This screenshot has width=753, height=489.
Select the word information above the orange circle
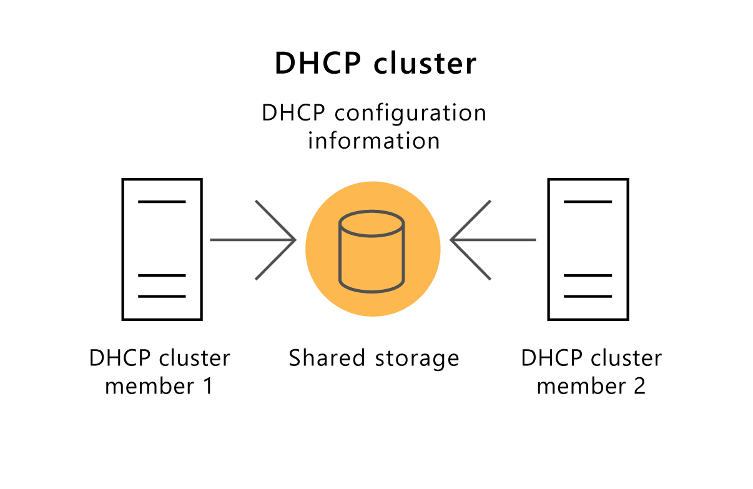tap(373, 141)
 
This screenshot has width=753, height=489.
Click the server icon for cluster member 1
tap(162, 249)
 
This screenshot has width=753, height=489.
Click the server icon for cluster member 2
tap(588, 249)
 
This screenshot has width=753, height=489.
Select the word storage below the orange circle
tap(417, 359)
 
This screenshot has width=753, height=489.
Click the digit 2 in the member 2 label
tap(639, 386)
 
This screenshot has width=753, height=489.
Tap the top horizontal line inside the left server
tap(162, 202)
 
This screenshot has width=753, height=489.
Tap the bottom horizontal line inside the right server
tap(588, 296)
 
